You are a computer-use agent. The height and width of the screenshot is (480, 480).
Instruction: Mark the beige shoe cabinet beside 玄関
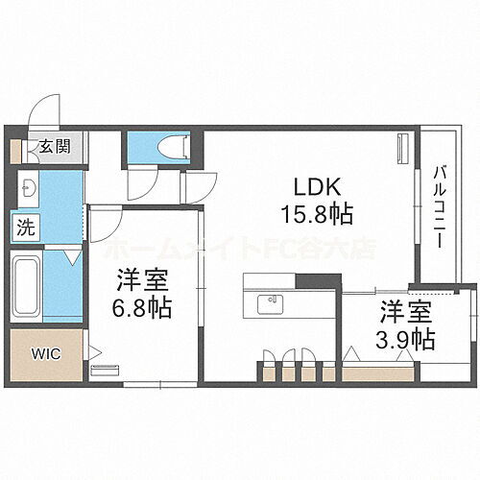[16, 150]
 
